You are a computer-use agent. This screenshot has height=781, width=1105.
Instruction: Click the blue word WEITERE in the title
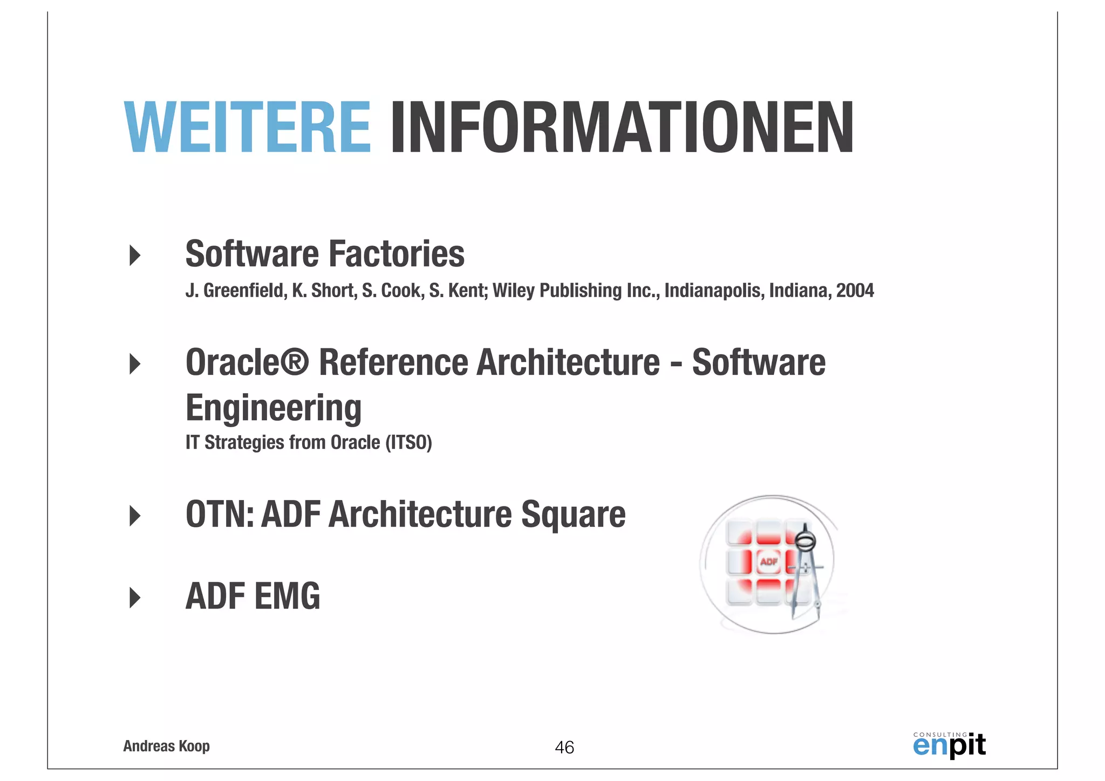247,127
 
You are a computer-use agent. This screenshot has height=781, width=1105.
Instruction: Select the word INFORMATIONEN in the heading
622,127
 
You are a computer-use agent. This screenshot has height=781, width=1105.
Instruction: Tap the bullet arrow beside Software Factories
135,255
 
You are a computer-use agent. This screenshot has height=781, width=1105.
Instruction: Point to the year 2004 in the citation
855,291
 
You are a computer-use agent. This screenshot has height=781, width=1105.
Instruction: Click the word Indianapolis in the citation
714,291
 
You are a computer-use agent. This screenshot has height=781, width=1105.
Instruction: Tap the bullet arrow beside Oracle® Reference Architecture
135,364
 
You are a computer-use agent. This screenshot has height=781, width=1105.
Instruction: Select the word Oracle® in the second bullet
247,362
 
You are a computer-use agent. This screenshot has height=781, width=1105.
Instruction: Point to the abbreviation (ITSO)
408,443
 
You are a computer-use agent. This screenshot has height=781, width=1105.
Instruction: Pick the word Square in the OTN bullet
573,515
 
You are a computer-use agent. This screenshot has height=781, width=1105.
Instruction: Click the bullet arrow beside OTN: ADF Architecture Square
135,516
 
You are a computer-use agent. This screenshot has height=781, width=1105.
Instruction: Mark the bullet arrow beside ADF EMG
135,598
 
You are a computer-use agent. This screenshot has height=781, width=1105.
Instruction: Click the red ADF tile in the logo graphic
768,562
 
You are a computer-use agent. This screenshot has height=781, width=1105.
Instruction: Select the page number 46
564,748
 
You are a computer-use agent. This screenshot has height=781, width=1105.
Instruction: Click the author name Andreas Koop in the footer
166,746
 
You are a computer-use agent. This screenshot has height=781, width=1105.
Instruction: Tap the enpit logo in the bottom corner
949,745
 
